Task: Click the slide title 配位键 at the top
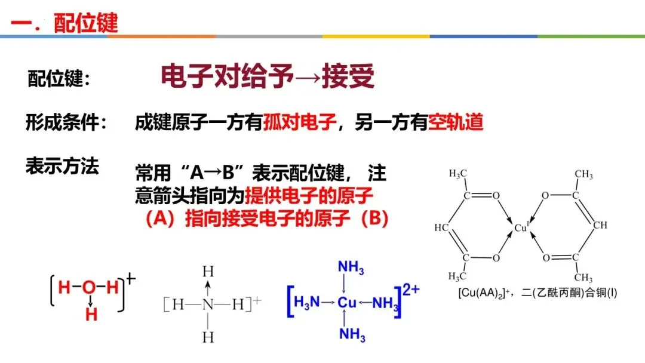click(x=86, y=23)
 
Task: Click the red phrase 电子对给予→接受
click(x=268, y=76)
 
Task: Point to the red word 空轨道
click(x=456, y=123)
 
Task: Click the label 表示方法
click(x=62, y=166)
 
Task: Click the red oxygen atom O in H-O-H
click(x=89, y=287)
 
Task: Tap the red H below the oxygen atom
click(x=91, y=315)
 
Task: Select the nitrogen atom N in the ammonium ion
click(x=207, y=304)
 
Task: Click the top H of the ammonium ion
click(x=207, y=272)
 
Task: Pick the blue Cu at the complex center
click(x=347, y=303)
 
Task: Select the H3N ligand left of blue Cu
click(x=306, y=303)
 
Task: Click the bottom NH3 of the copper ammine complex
click(x=352, y=334)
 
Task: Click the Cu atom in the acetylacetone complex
click(x=521, y=227)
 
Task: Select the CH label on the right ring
click(x=600, y=225)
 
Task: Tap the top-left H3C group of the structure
click(x=457, y=174)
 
